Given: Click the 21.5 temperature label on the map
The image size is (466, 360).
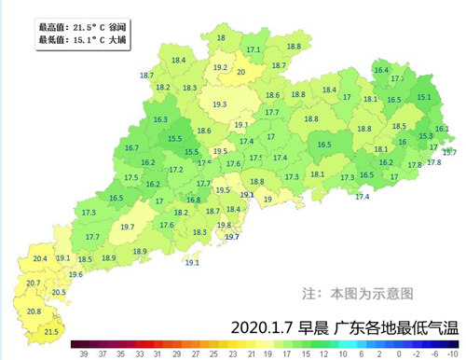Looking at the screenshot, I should (x=51, y=331).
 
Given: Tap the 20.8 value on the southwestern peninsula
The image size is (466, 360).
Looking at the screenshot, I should (x=34, y=312).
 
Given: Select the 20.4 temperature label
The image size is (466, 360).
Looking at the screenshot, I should (x=40, y=258).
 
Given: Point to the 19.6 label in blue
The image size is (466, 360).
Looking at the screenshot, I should (x=75, y=274).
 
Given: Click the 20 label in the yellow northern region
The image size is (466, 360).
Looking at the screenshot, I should (x=241, y=72).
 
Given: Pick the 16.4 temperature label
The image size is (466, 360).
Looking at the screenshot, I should (x=380, y=70).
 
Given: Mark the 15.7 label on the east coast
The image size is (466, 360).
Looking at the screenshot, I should (x=449, y=152).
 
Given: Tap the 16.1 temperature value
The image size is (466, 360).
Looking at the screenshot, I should (x=441, y=129).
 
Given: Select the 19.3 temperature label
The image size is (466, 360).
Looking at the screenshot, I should (x=220, y=104).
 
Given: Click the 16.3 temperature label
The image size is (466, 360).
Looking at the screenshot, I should (x=160, y=119).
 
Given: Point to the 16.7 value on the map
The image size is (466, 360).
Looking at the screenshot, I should (x=131, y=148).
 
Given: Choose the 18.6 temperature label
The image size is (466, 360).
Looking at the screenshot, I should (x=204, y=132).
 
